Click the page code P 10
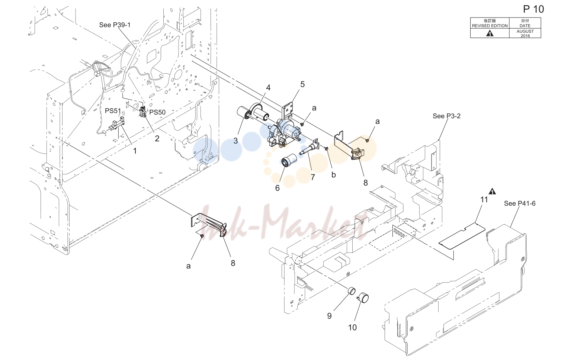click(x=533, y=9)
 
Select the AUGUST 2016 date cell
click(x=525, y=33)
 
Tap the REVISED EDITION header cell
click(x=490, y=23)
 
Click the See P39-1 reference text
click(x=115, y=25)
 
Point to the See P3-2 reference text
click(x=446, y=116)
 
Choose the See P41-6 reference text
click(x=520, y=203)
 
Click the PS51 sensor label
click(x=113, y=111)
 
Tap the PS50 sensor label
click(x=157, y=112)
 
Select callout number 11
click(x=484, y=200)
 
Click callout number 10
click(x=352, y=328)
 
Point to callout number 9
click(x=329, y=316)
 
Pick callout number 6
click(x=278, y=188)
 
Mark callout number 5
click(x=302, y=84)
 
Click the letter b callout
click(x=333, y=175)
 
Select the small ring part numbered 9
click(x=352, y=290)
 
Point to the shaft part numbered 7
click(x=309, y=148)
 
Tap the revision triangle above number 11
click(x=492, y=191)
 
